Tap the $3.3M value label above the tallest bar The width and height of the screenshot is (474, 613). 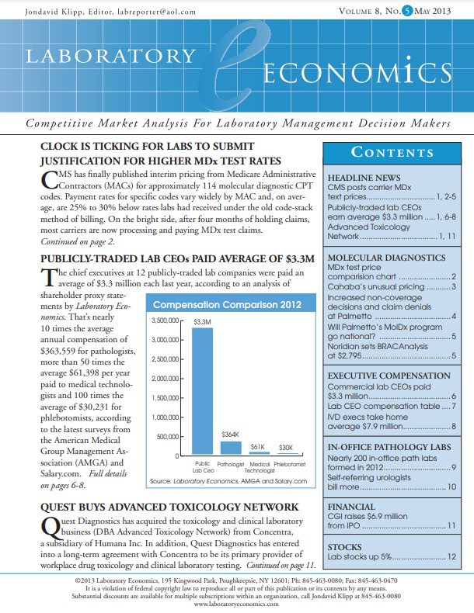(x=202, y=321)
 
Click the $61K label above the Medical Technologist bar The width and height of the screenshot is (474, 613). (x=258, y=447)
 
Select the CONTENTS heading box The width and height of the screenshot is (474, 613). (x=393, y=152)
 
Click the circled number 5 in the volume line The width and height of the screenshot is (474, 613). (x=398, y=11)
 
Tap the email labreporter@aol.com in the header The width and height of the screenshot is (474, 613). (x=156, y=11)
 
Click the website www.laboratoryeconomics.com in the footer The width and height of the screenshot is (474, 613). (x=236, y=604)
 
